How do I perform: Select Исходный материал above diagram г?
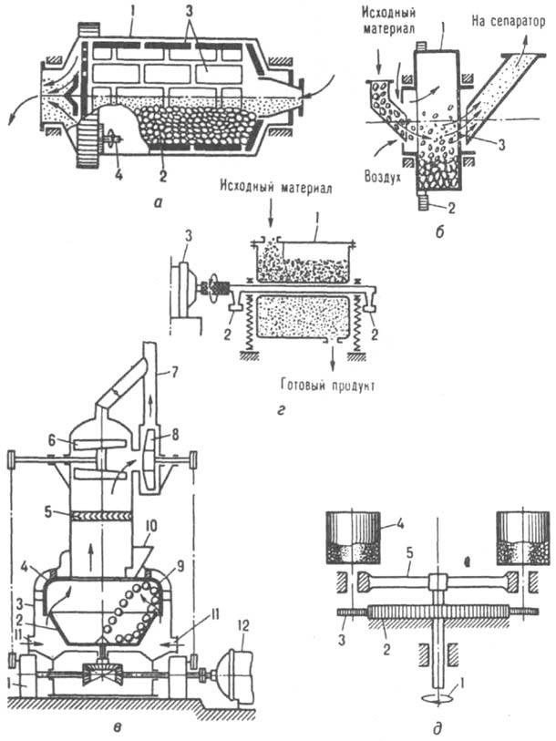[x=290, y=194]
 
